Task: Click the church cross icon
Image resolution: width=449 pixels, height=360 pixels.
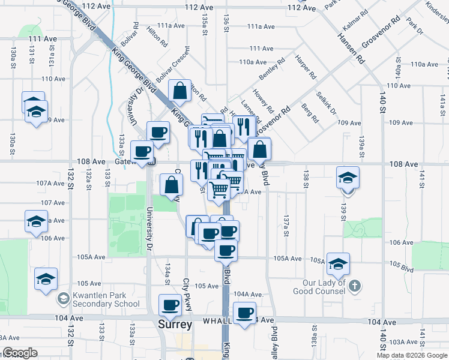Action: pos(355,286)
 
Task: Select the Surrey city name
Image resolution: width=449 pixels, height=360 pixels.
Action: pos(175,325)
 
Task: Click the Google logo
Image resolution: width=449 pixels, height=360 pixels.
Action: pos(20,353)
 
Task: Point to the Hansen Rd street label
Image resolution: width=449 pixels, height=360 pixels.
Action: pos(351,49)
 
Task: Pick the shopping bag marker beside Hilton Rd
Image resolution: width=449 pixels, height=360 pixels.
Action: pos(179,91)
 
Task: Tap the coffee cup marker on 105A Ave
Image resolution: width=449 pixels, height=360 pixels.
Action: pos(226,251)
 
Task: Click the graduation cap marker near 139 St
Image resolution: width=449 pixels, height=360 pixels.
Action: pos(348,178)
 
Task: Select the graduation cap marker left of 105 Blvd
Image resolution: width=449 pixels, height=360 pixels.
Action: pos(338,264)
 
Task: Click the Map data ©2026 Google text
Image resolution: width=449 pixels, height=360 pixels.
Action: pos(412,355)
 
